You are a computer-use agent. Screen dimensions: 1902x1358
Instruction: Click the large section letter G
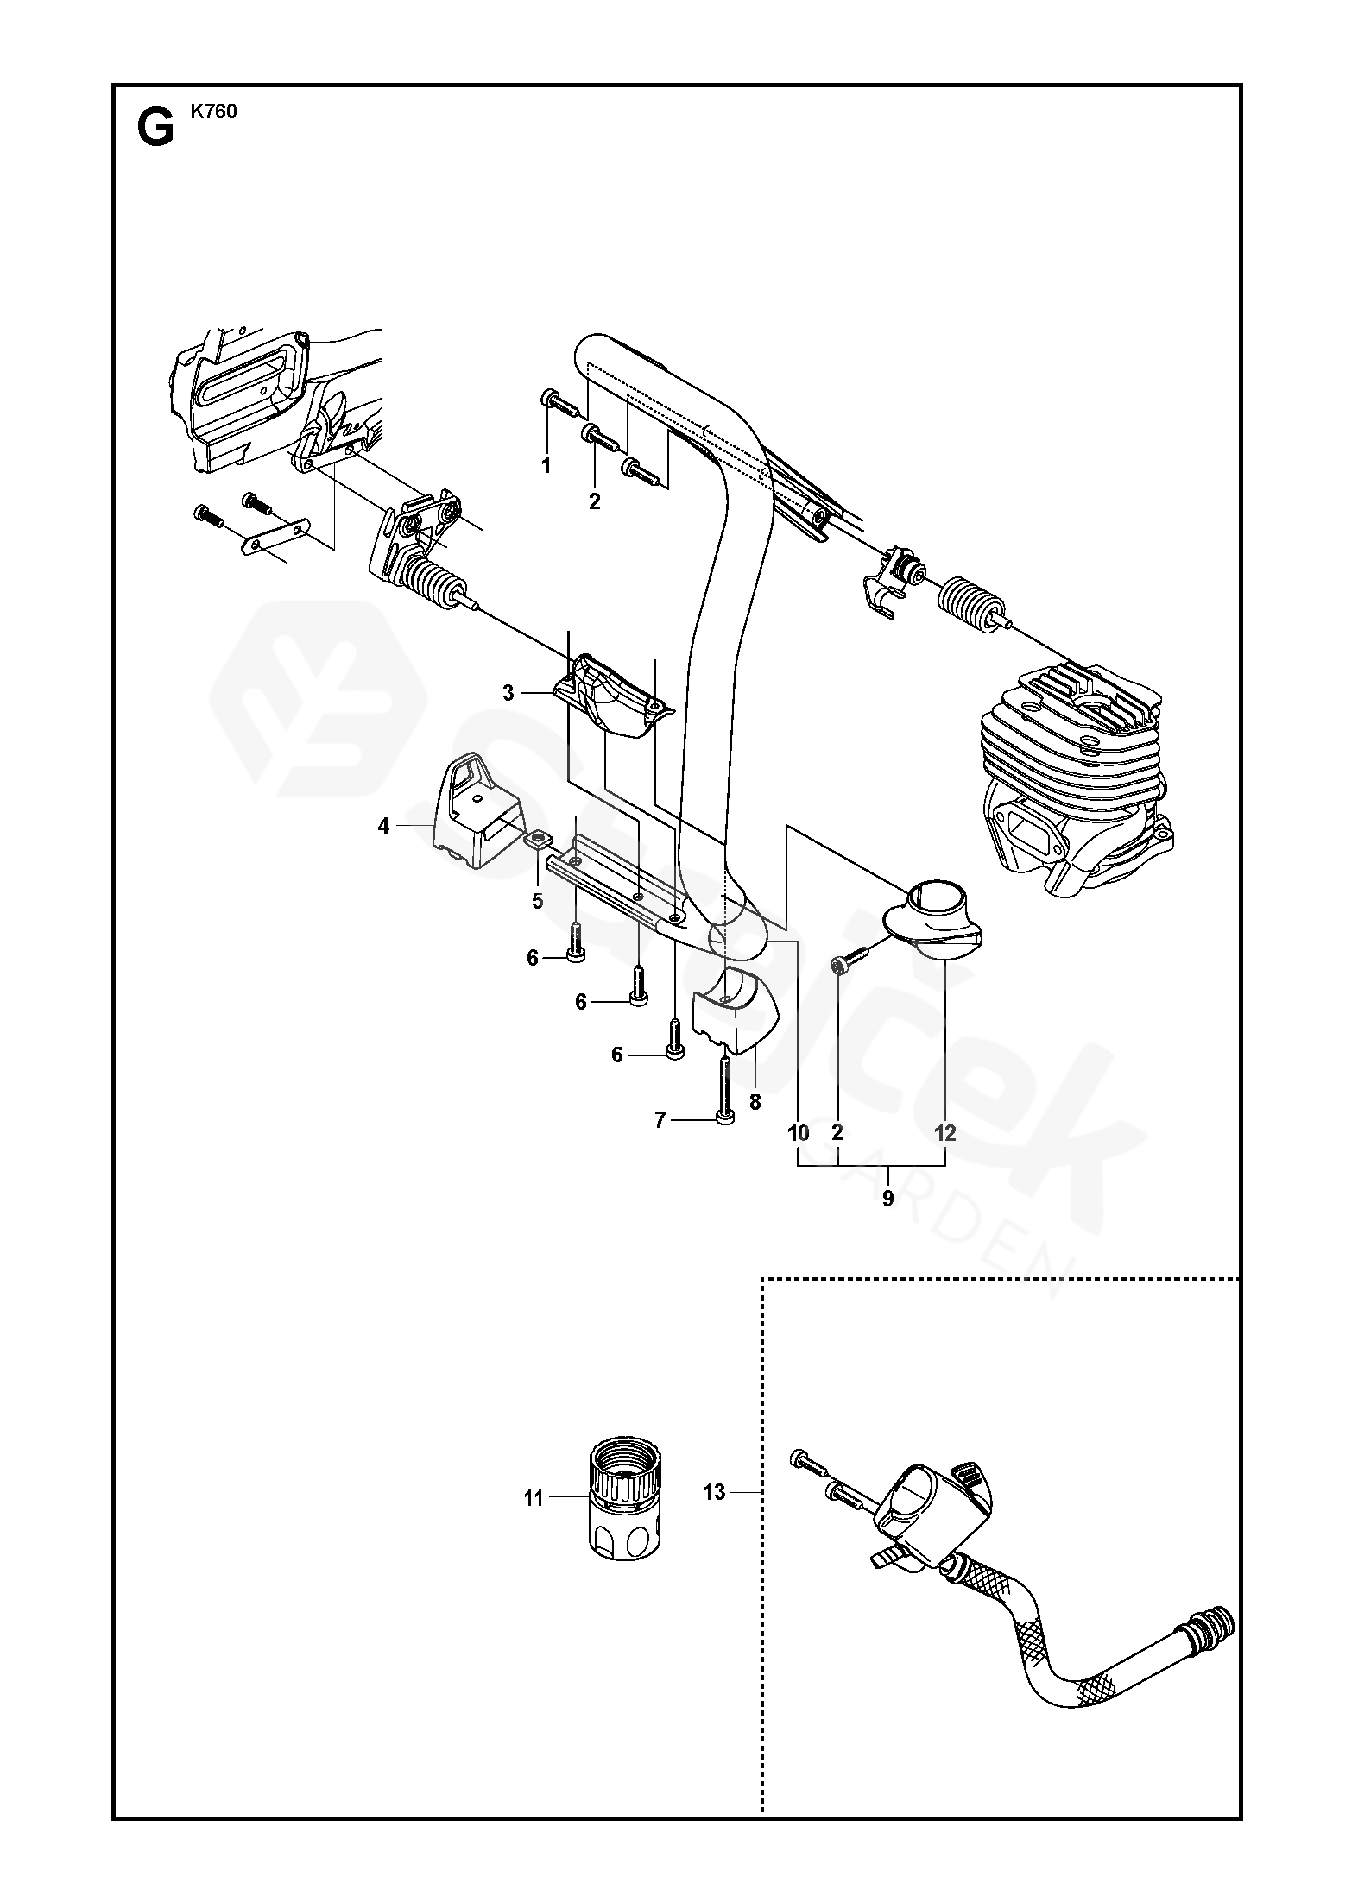[155, 129]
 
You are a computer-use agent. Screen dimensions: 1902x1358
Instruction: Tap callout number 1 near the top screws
[546, 466]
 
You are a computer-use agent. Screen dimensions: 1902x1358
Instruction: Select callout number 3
[508, 693]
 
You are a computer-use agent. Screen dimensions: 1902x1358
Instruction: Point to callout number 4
[383, 826]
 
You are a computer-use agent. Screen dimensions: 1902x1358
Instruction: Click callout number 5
[537, 901]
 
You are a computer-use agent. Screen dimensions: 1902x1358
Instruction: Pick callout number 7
[660, 1120]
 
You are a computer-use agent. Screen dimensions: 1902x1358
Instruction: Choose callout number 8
[755, 1102]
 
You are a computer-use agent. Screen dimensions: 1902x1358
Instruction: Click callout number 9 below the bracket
[887, 1198]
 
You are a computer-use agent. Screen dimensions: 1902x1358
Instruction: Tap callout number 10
[799, 1133]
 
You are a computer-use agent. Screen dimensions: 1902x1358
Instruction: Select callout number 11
[534, 1497]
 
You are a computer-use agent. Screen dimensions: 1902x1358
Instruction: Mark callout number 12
[945, 1133]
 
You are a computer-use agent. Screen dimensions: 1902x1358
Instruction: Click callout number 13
[715, 1492]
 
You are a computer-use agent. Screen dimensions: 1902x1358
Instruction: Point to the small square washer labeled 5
[537, 839]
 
